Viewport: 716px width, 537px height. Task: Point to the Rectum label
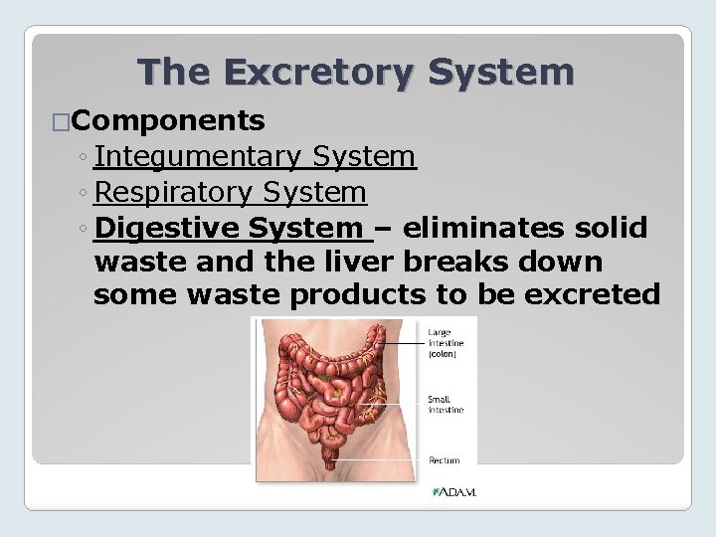click(445, 460)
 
